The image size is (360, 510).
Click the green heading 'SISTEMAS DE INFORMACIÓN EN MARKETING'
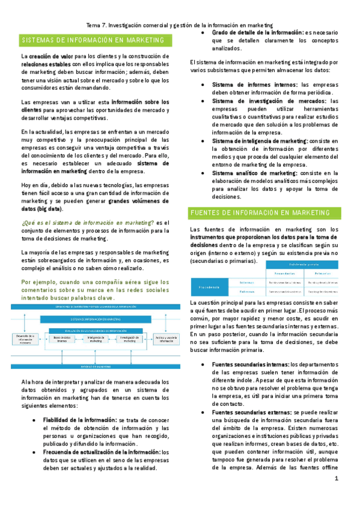(x=93, y=40)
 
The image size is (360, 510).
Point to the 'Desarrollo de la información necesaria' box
(x=25, y=340)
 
